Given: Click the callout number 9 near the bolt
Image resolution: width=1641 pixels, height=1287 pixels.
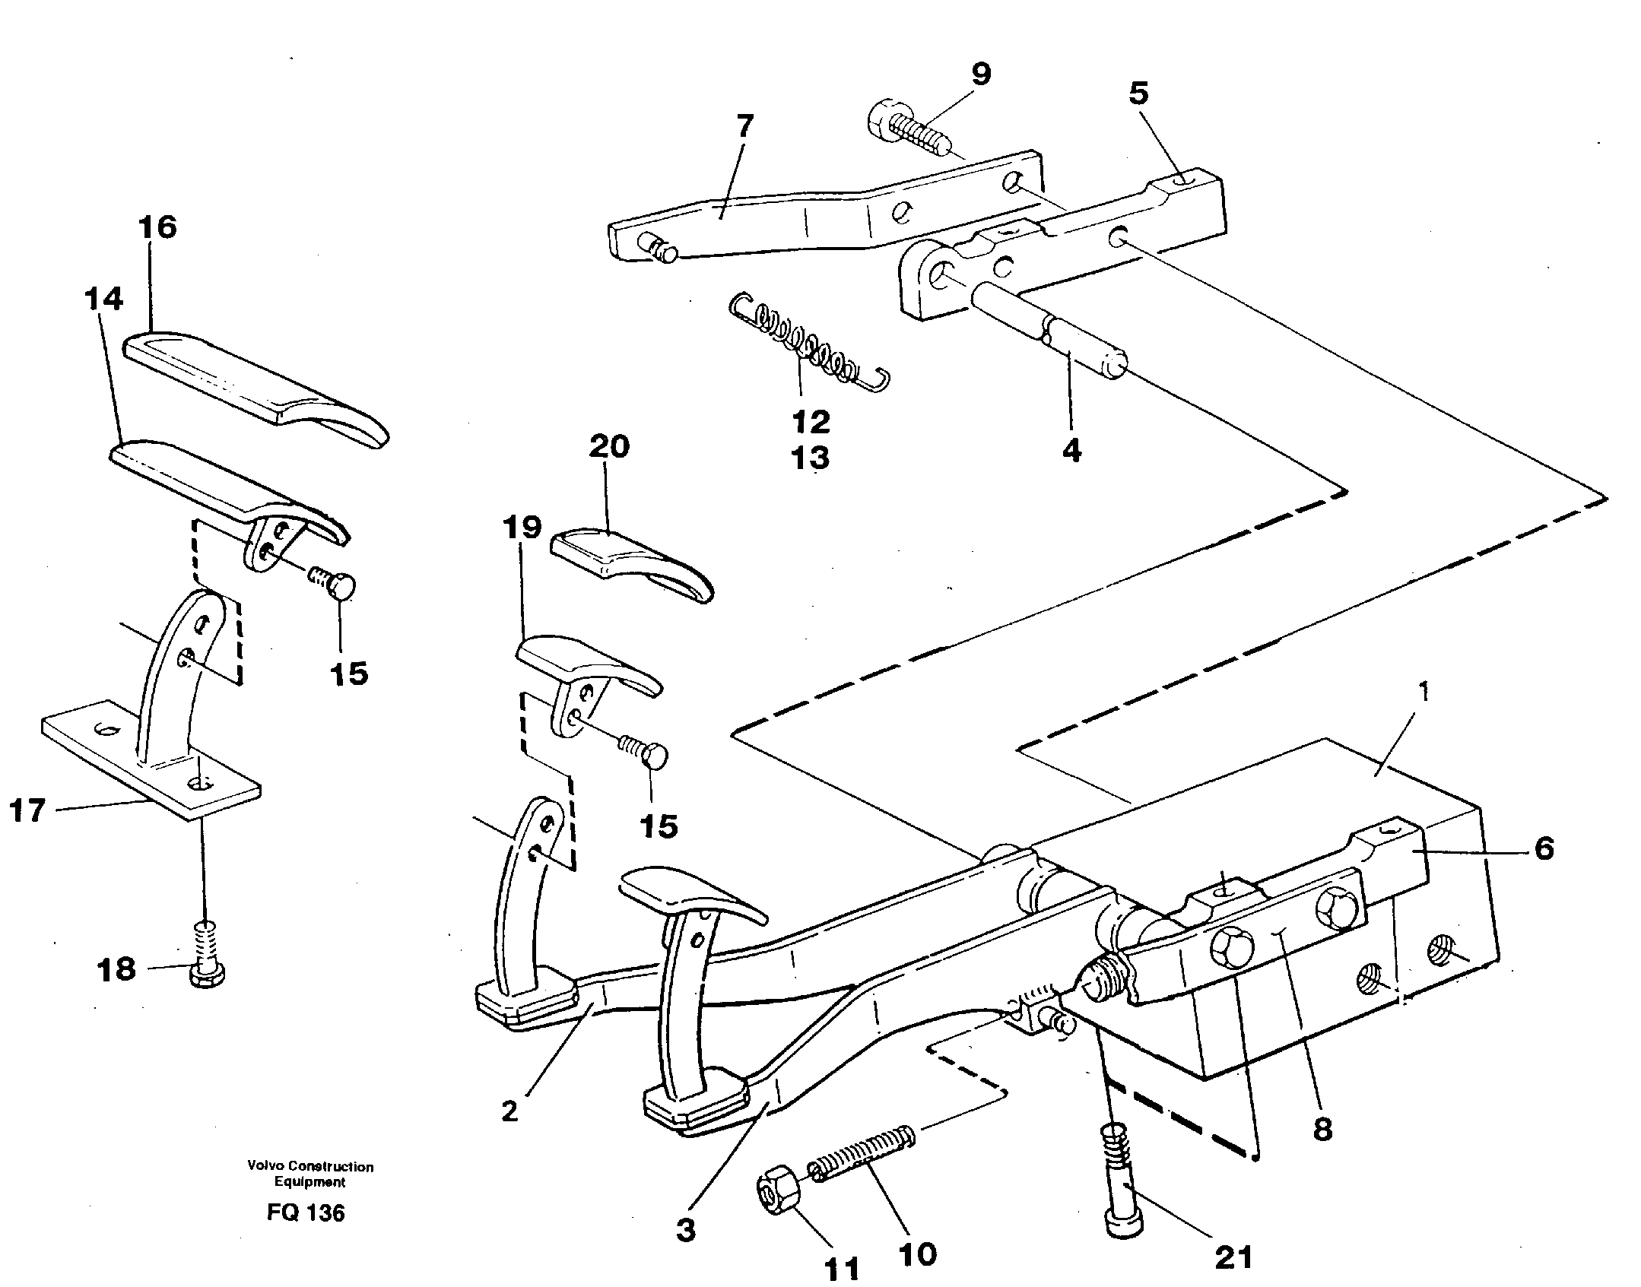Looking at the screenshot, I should (x=981, y=74).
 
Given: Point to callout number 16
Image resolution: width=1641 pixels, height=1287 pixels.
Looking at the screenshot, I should (x=158, y=227).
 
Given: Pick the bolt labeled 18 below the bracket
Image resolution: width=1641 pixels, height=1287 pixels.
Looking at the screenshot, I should (x=205, y=957).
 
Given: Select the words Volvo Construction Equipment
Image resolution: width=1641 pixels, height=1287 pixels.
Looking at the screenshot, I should (x=310, y=1174).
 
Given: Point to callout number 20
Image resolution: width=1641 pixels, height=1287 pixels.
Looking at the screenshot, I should (x=609, y=446).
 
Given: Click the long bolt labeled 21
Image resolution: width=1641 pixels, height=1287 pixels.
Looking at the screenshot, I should (x=1120, y=1186).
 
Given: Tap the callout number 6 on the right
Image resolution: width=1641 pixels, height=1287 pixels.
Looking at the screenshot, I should (x=1544, y=848).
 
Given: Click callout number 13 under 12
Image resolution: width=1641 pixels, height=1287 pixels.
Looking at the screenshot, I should (x=811, y=458).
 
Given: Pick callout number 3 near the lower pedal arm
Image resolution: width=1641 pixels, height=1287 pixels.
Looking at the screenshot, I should (x=686, y=1229).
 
